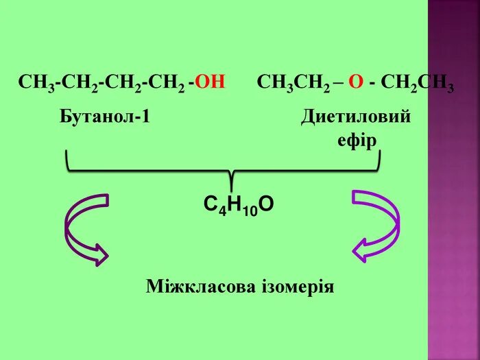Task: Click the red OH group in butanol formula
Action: [x=211, y=83]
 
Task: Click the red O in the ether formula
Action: [x=355, y=83]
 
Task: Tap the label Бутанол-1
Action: [x=105, y=116]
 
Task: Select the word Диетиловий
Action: [x=356, y=116]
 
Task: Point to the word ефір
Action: [x=357, y=141]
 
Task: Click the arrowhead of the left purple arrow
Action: [x=101, y=254]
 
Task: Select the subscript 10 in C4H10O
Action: [x=250, y=212]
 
